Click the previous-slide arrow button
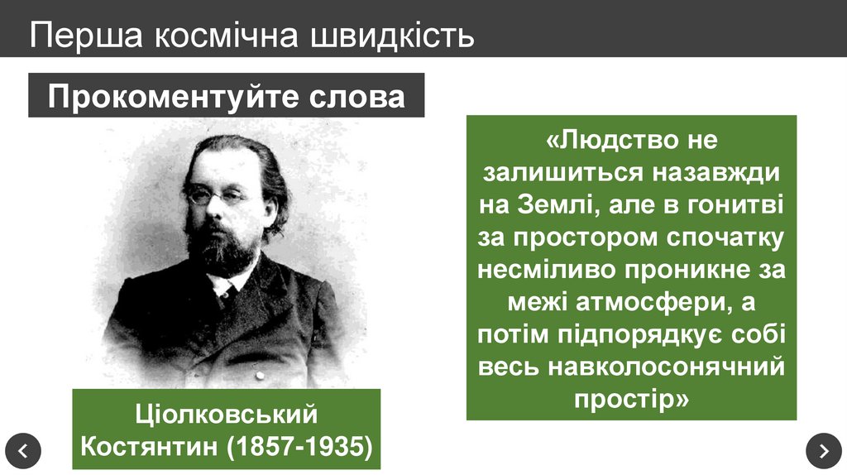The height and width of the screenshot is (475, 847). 22,450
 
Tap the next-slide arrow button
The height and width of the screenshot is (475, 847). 823,450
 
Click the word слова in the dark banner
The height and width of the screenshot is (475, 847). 357,97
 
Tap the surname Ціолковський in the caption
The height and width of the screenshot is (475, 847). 226,413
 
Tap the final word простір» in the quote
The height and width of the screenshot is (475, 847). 630,398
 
